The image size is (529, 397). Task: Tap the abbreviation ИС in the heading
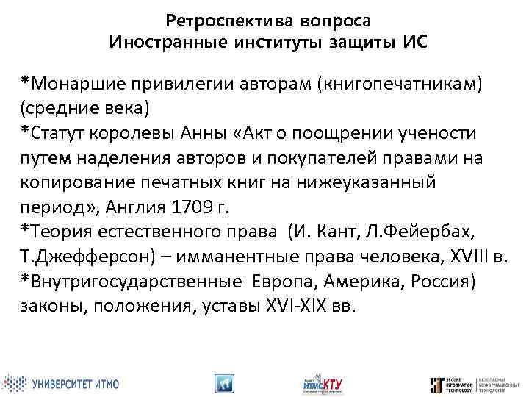coord(414,42)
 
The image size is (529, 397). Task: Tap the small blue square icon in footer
coord(223,383)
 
